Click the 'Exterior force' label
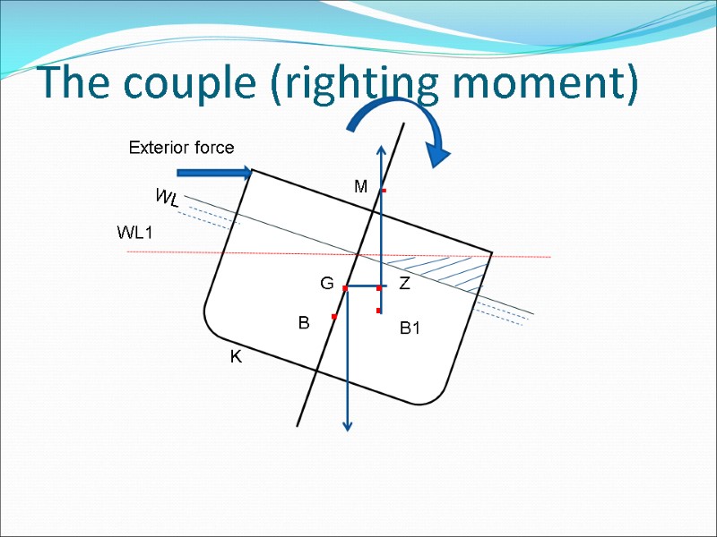[x=181, y=148]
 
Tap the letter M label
[x=360, y=187]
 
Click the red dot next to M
[x=384, y=192]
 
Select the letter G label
[x=327, y=285]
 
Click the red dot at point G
[x=345, y=288]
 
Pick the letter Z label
[x=404, y=285]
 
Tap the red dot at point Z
[x=379, y=288]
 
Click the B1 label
[x=410, y=329]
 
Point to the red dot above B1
[x=379, y=311]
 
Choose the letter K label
[x=236, y=357]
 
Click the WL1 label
[x=135, y=233]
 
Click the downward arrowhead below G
[x=349, y=425]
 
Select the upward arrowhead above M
[x=381, y=151]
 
